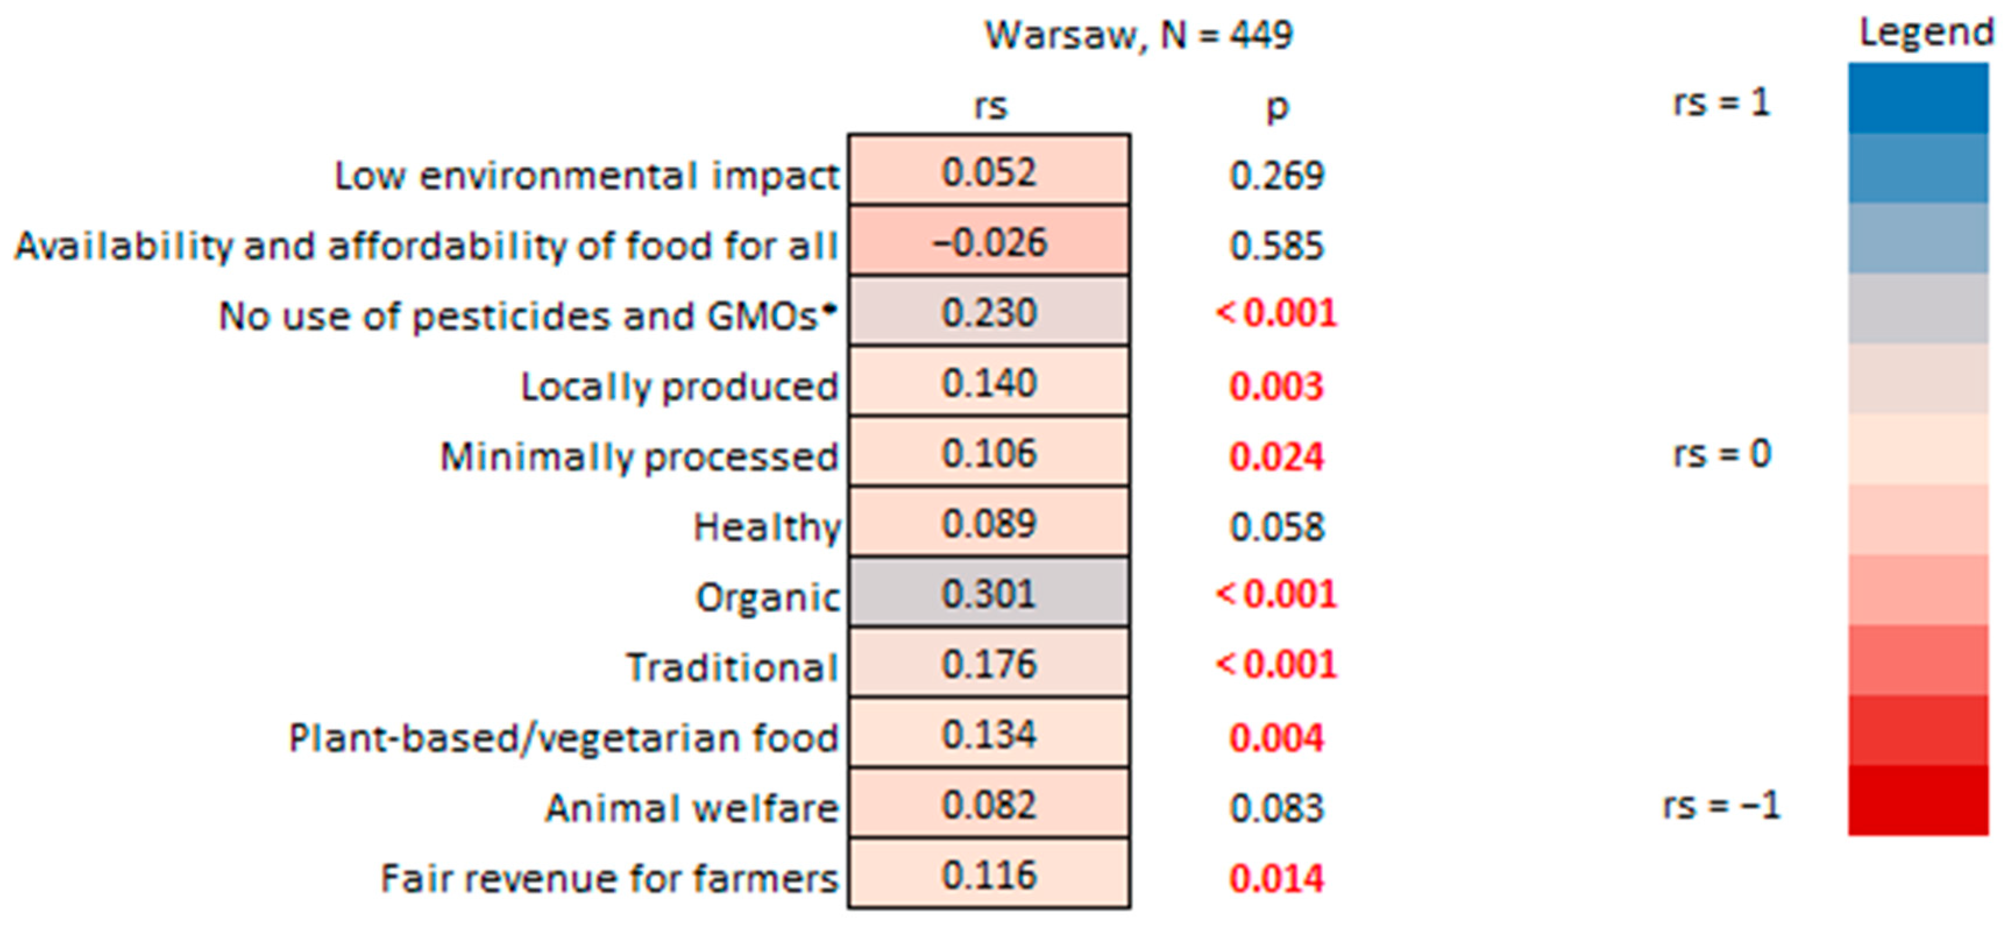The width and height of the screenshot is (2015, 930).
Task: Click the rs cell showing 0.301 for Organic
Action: pyautogui.click(x=989, y=593)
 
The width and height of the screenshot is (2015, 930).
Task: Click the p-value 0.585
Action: pyautogui.click(x=1277, y=246)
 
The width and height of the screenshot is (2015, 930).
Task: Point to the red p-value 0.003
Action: pyautogui.click(x=1277, y=386)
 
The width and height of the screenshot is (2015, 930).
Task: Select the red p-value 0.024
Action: pyautogui.click(x=1277, y=457)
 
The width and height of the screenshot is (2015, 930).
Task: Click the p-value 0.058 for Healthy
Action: pyautogui.click(x=1277, y=527)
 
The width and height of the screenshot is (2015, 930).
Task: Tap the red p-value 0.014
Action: pyautogui.click(x=1277, y=878)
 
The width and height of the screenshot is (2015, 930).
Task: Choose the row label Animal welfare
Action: pyautogui.click(x=691, y=808)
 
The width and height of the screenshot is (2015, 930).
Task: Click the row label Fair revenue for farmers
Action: pyautogui.click(x=609, y=878)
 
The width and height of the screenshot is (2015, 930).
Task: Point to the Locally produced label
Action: pyautogui.click(x=679, y=386)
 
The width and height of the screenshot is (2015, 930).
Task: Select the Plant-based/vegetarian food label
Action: pyautogui.click(x=563, y=737)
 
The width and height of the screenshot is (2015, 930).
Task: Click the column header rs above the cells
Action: pyautogui.click(x=990, y=105)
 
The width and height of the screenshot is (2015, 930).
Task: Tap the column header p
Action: pyautogui.click(x=1277, y=107)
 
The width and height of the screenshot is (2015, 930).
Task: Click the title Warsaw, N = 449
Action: pyautogui.click(x=1138, y=35)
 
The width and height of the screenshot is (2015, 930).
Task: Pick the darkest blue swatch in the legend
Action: pyautogui.click(x=1918, y=98)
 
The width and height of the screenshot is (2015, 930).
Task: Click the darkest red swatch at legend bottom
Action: pyautogui.click(x=1918, y=800)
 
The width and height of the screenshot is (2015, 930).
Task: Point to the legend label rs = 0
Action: pyautogui.click(x=1722, y=454)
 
